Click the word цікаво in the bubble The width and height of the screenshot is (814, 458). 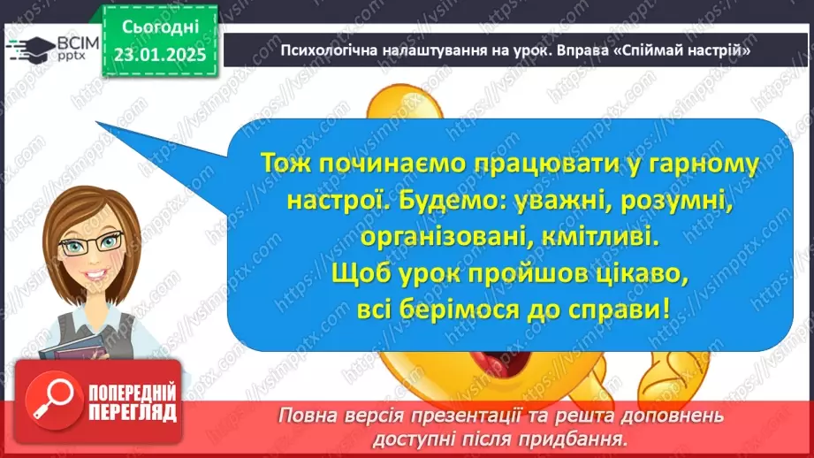tap(631, 275)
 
